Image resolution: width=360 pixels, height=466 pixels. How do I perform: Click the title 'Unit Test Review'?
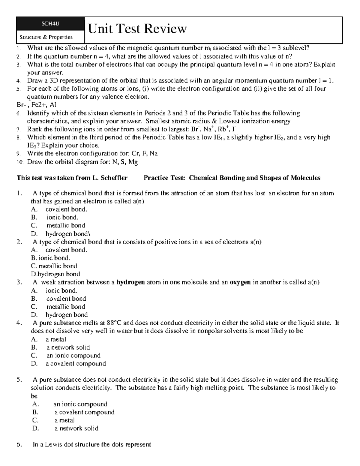click(137, 29)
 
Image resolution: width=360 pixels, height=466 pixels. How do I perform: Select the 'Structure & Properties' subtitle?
click(46, 37)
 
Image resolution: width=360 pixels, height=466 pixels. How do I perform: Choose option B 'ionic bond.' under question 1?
click(62, 217)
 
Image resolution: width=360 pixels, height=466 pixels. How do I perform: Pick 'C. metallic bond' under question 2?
click(54, 266)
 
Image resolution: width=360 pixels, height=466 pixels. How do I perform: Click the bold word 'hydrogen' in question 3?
click(130, 282)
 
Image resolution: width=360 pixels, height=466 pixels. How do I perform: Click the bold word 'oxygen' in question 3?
click(240, 282)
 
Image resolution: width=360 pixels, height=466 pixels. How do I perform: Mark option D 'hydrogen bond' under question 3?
click(67, 315)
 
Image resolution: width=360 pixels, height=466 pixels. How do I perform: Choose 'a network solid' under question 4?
click(68, 347)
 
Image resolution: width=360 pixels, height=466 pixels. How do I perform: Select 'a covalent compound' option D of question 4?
click(76, 363)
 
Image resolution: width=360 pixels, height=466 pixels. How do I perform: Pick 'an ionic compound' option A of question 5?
click(80, 404)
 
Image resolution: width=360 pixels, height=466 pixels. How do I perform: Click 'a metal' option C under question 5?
click(64, 420)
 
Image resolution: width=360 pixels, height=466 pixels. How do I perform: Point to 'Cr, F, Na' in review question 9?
click(145, 153)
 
